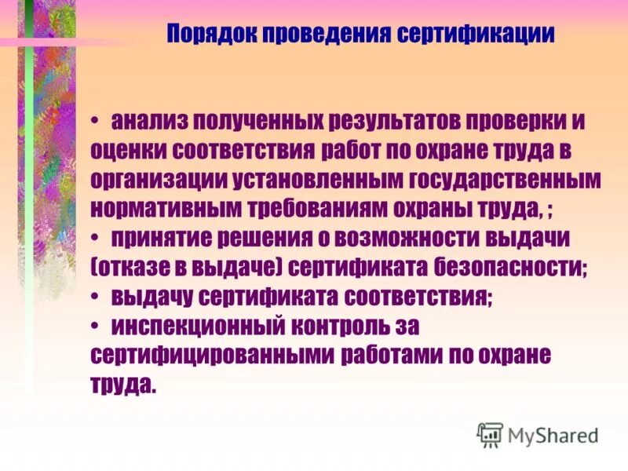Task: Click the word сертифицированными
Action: (x=213, y=354)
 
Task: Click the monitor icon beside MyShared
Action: (x=491, y=434)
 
